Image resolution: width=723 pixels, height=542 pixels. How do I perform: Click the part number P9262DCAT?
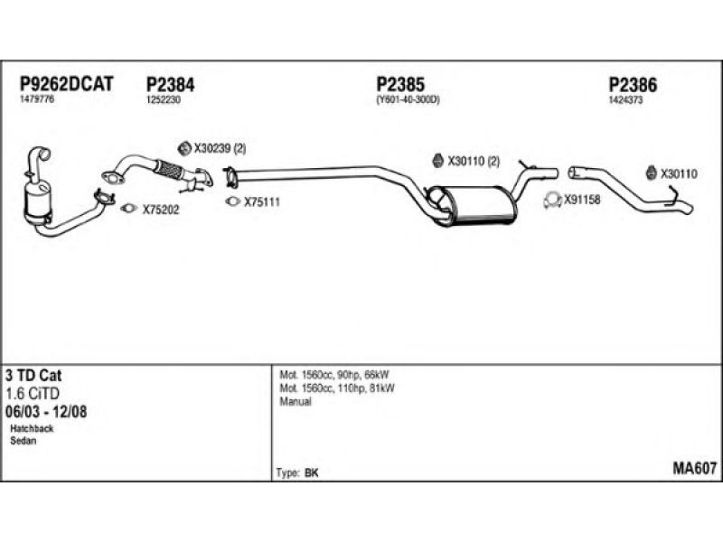click(x=66, y=84)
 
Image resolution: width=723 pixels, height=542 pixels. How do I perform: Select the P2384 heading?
click(x=170, y=84)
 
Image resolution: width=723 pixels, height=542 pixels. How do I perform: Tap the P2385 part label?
click(x=400, y=84)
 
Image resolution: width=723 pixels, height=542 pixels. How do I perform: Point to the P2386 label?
click(x=633, y=85)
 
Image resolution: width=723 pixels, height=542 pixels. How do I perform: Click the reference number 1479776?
click(x=37, y=99)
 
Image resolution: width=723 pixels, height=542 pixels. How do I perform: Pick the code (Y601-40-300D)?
click(x=408, y=99)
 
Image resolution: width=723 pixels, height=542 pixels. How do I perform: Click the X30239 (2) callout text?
click(x=220, y=148)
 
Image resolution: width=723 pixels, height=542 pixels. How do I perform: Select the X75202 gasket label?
click(x=161, y=210)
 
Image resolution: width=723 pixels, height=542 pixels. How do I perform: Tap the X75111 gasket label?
click(x=262, y=201)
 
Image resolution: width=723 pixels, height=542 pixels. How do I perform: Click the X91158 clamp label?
click(x=582, y=200)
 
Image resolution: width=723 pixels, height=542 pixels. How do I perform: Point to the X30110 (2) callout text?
click(x=474, y=162)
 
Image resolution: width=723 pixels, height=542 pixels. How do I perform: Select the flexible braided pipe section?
click(x=168, y=170)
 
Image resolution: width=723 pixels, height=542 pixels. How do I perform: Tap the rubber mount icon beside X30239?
click(x=184, y=148)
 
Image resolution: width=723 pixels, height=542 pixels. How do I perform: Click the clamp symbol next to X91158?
click(x=552, y=200)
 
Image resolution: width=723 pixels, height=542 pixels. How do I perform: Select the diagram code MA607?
click(x=694, y=468)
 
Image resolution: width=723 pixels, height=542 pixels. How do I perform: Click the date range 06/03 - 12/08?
click(x=46, y=412)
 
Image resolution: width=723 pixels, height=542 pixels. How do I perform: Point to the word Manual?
click(x=296, y=401)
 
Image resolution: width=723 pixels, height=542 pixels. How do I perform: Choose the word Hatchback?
click(x=32, y=428)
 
